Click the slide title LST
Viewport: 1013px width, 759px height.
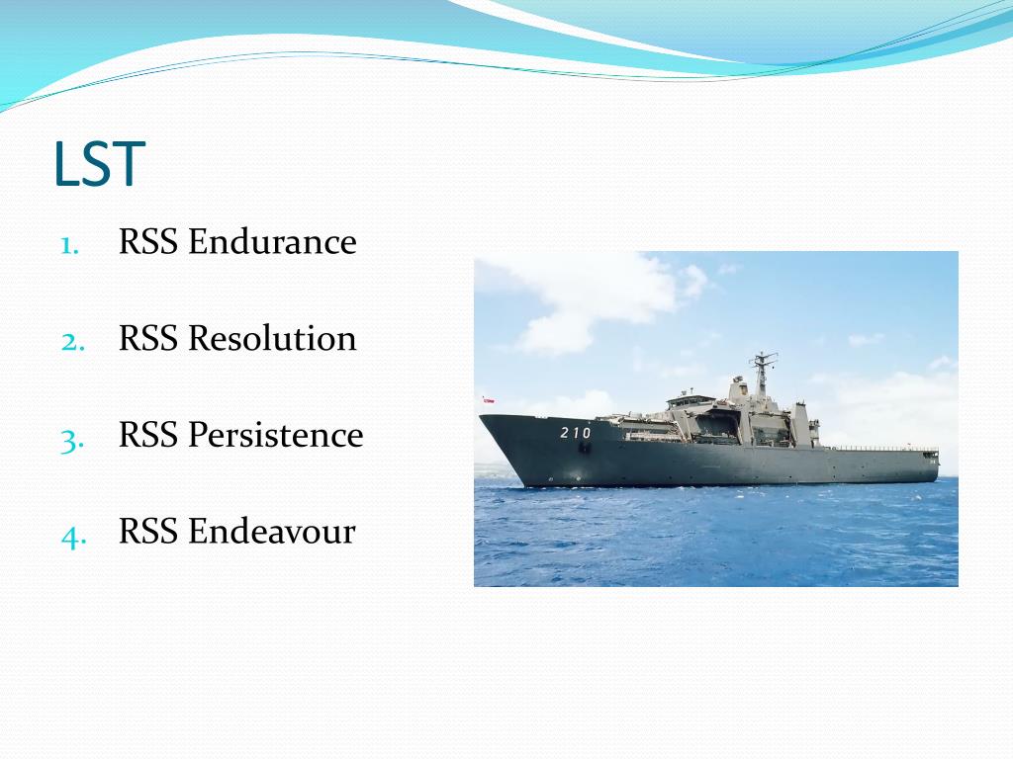click(99, 165)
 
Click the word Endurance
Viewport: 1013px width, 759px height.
click(272, 242)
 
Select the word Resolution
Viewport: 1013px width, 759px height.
click(272, 339)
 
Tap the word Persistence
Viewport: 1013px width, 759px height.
click(276, 436)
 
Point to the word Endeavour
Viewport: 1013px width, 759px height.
click(272, 533)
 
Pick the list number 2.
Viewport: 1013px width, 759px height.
click(71, 342)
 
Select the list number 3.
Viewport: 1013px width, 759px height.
click(71, 439)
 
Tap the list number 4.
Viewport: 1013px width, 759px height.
click(71, 536)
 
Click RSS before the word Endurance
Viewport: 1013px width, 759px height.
click(149, 242)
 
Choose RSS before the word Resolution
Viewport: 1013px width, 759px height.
click(149, 339)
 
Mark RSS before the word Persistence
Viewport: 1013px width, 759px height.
click(149, 436)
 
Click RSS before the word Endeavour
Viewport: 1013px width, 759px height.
click(149, 533)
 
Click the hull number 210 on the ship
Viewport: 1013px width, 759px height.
click(575, 433)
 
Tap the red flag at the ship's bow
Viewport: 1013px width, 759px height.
click(488, 401)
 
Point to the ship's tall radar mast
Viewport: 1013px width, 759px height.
click(762, 371)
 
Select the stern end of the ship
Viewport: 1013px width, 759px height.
click(932, 464)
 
